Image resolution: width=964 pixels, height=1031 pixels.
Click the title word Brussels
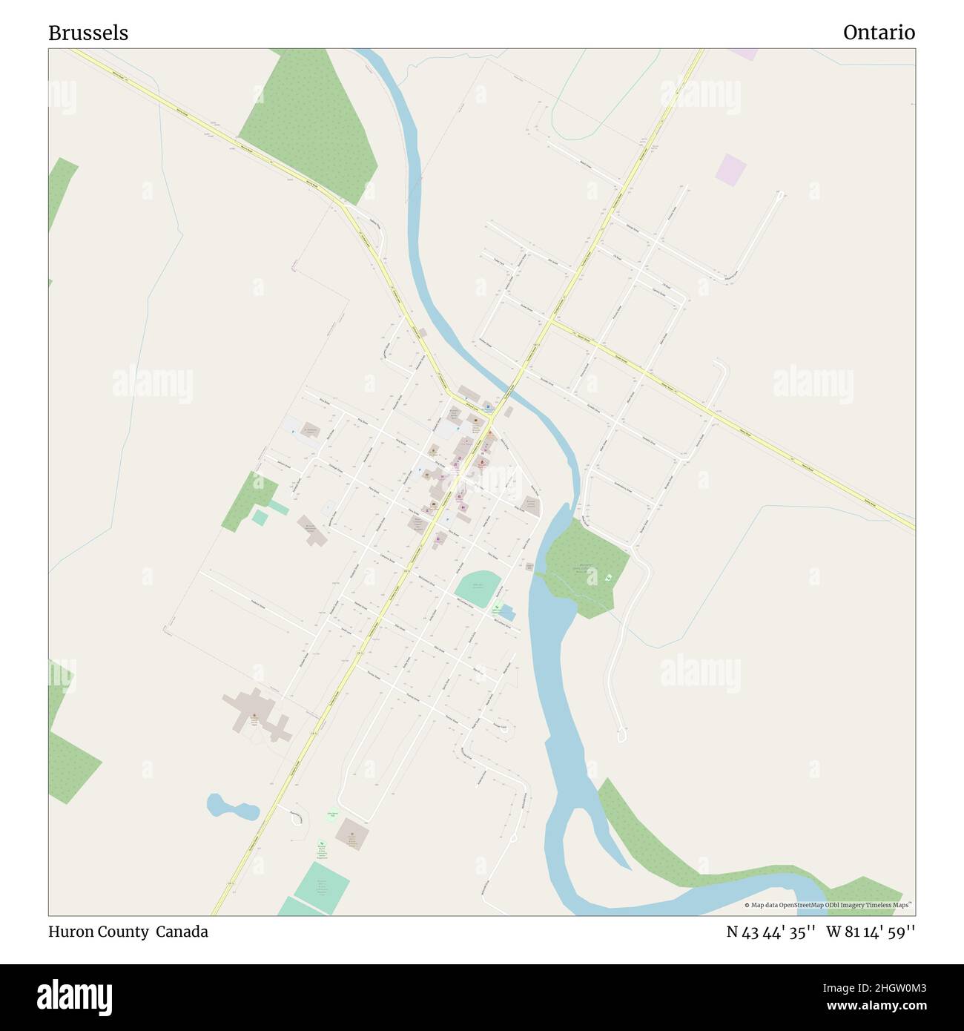pos(88,33)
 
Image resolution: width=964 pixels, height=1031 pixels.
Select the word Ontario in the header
pos(879,33)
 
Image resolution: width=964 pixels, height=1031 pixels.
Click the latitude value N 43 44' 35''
pos(771,932)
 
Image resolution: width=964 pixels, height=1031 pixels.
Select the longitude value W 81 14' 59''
pos(871,932)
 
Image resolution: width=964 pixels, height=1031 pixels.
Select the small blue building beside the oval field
pos(507,613)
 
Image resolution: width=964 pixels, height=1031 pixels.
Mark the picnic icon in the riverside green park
pos(609,578)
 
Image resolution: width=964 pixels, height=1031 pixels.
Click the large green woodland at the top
pos(308,125)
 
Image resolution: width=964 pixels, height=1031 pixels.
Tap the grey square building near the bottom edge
pos(351,835)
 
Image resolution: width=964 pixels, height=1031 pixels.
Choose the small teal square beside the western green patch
pos(260,518)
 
